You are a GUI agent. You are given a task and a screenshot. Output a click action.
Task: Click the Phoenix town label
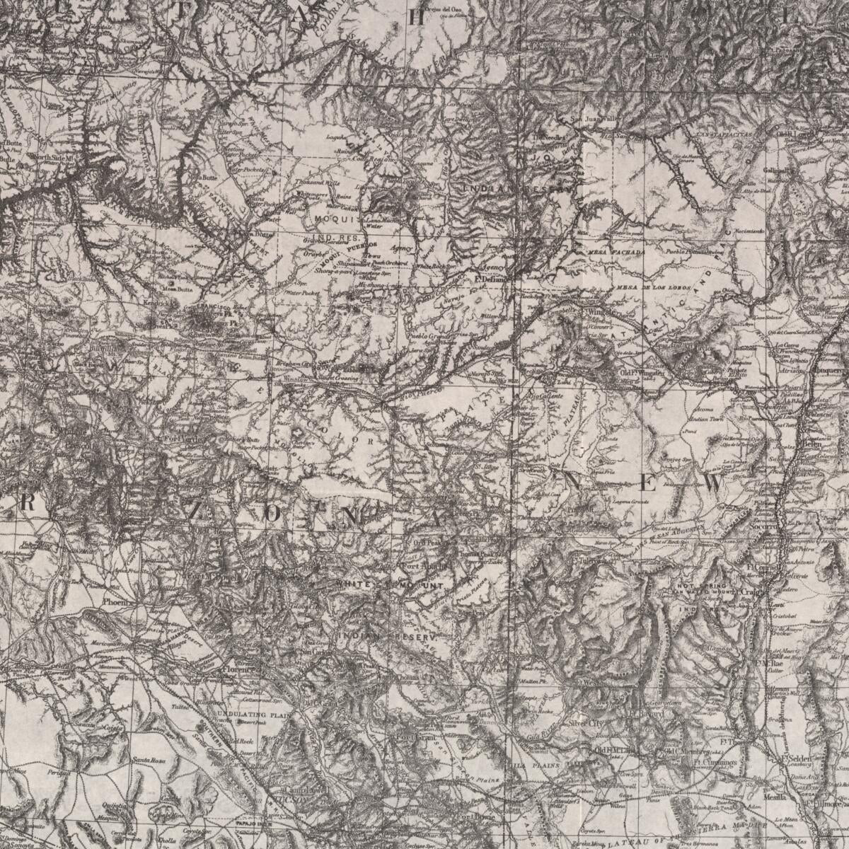(x=113, y=602)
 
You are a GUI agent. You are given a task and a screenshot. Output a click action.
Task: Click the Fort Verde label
(x=178, y=437)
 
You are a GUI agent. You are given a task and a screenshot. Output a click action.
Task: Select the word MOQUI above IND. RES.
(x=329, y=219)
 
